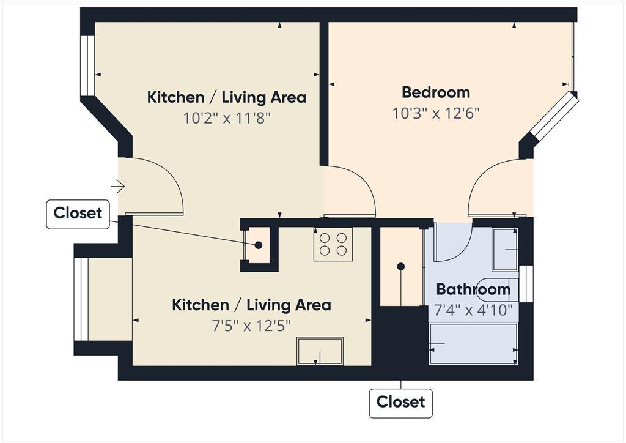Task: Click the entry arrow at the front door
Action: click(118, 185)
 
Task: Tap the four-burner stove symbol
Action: click(333, 244)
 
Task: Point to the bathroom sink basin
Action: click(505, 250)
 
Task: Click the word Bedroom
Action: click(436, 92)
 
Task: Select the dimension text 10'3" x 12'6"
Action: click(436, 113)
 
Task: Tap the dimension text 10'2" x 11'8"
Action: click(227, 117)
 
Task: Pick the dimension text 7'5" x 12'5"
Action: click(251, 325)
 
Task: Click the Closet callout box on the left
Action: click(78, 214)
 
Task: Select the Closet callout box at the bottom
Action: click(400, 403)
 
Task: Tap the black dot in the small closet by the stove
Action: click(259, 245)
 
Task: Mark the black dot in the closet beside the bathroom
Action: click(401, 267)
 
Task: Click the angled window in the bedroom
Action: click(554, 116)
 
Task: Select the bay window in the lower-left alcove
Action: click(80, 299)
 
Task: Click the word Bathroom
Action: click(473, 289)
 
